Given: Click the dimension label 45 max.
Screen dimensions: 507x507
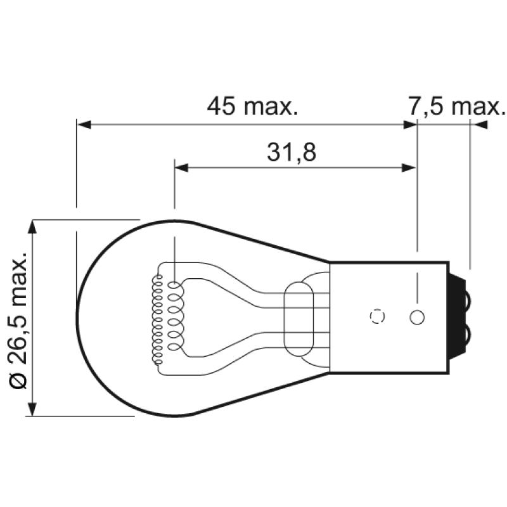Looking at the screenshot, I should click(x=252, y=106).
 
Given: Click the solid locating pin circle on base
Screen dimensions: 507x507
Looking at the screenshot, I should click(x=417, y=317).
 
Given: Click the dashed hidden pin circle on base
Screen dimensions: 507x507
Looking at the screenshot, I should click(x=377, y=317).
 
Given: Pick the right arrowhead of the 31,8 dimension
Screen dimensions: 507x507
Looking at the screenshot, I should click(x=409, y=168).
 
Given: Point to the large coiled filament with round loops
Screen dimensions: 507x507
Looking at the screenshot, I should click(x=175, y=315).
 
